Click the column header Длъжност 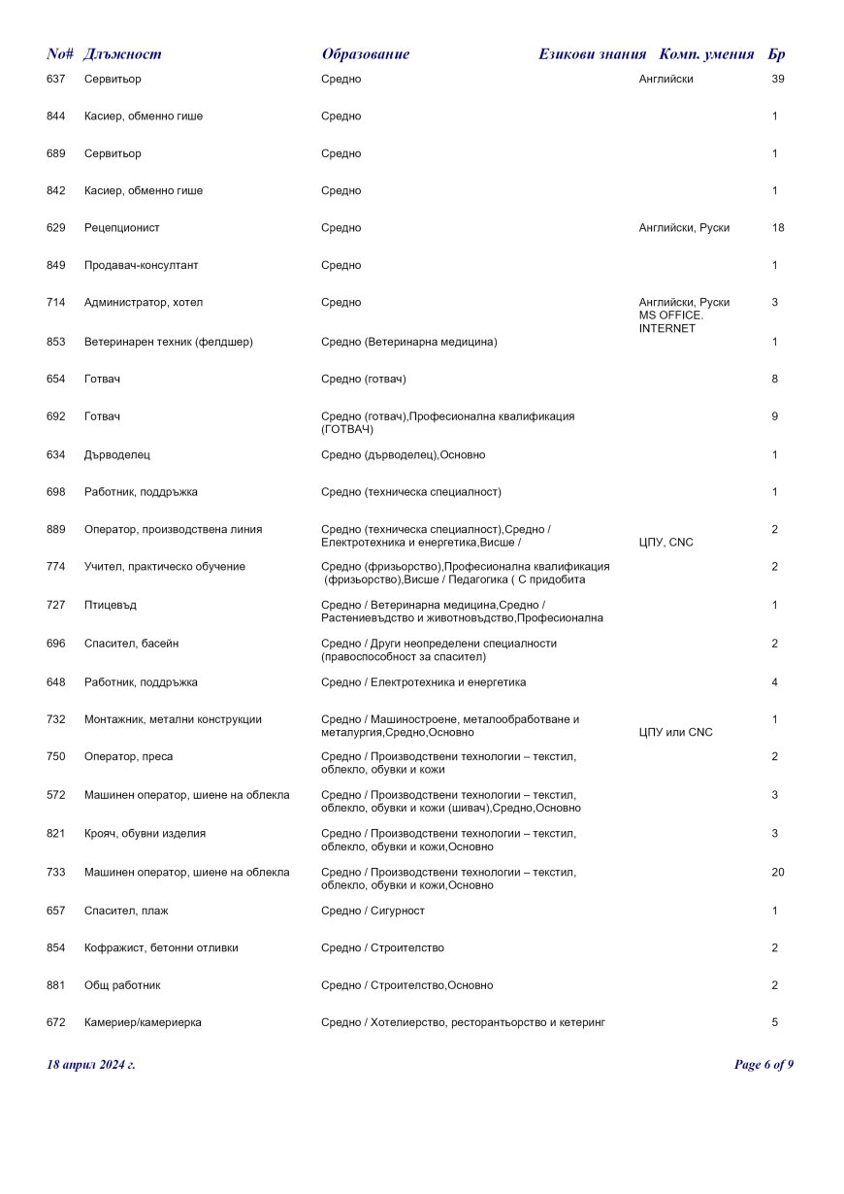tap(122, 54)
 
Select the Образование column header tap(366, 54)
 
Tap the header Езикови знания tap(592, 54)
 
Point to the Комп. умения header tap(706, 54)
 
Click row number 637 tap(55, 79)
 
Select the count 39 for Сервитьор tap(777, 79)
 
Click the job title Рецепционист tap(122, 228)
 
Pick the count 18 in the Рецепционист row tap(777, 228)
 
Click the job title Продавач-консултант tap(141, 265)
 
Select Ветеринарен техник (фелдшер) tap(169, 342)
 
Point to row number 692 tap(55, 416)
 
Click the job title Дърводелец tap(117, 454)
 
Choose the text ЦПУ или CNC tap(675, 732)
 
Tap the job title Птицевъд tap(111, 605)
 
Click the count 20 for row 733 tap(777, 872)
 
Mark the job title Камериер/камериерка tap(143, 1022)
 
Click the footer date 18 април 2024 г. tap(91, 1065)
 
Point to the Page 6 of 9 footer tap(763, 1065)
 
